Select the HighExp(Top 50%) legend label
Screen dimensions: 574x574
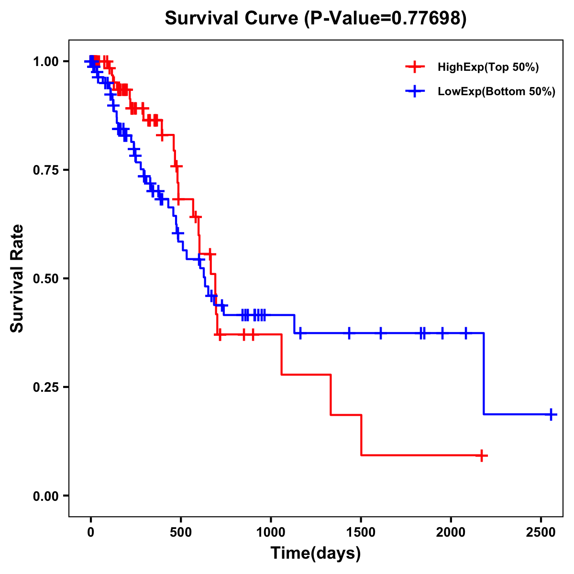[488, 67]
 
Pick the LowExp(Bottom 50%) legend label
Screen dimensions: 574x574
[497, 92]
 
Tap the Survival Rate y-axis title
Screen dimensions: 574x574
[17, 278]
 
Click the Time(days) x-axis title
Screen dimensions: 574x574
[316, 553]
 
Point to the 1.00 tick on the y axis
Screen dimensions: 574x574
[45, 62]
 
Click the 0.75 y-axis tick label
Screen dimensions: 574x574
[45, 170]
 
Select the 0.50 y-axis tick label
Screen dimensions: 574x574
[45, 279]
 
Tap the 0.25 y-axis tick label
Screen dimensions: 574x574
[45, 387]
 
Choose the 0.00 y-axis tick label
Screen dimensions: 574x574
[45, 496]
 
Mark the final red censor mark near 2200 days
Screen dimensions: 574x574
[482, 455]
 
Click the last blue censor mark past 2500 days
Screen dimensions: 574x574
[551, 414]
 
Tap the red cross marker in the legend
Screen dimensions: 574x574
[415, 67]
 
